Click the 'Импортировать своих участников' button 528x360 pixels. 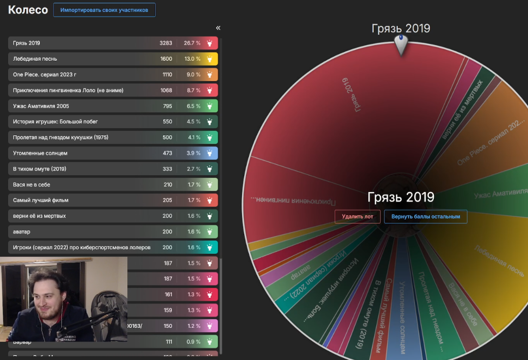point(104,10)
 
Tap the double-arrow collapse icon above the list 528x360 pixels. point(218,28)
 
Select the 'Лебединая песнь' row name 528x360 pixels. point(35,59)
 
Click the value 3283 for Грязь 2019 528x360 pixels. point(166,43)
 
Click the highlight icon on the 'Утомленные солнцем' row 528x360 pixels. point(209,153)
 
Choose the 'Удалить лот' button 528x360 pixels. point(357,217)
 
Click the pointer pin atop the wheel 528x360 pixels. point(401,44)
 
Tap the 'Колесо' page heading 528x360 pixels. point(28,10)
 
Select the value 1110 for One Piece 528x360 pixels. point(166,74)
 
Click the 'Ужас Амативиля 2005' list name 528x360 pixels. point(41,106)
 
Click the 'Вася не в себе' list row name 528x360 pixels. point(32,185)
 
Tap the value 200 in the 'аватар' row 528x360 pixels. point(167,232)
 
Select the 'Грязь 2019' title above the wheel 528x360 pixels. point(401,28)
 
